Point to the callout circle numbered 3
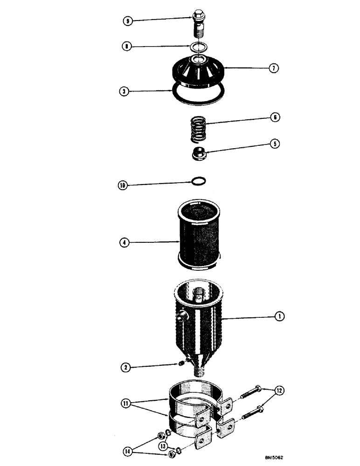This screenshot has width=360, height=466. click(124, 91)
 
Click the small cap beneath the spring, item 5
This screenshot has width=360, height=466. click(200, 154)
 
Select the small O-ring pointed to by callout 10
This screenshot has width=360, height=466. click(198, 181)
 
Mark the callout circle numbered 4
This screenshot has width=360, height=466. click(124, 243)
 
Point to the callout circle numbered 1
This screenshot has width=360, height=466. click(279, 316)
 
